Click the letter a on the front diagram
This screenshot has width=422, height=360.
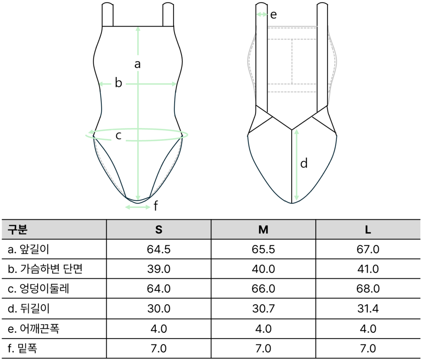(138, 64)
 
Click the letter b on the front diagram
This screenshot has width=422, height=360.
(119, 83)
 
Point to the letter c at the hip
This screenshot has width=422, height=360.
(119, 135)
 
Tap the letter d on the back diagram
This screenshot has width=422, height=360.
(304, 163)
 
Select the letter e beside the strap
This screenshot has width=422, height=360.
(273, 15)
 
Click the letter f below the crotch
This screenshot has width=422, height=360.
(156, 206)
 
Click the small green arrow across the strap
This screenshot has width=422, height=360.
(262, 14)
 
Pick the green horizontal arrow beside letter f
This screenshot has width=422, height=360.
(138, 207)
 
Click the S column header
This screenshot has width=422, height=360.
(159, 230)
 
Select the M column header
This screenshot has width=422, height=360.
(263, 230)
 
